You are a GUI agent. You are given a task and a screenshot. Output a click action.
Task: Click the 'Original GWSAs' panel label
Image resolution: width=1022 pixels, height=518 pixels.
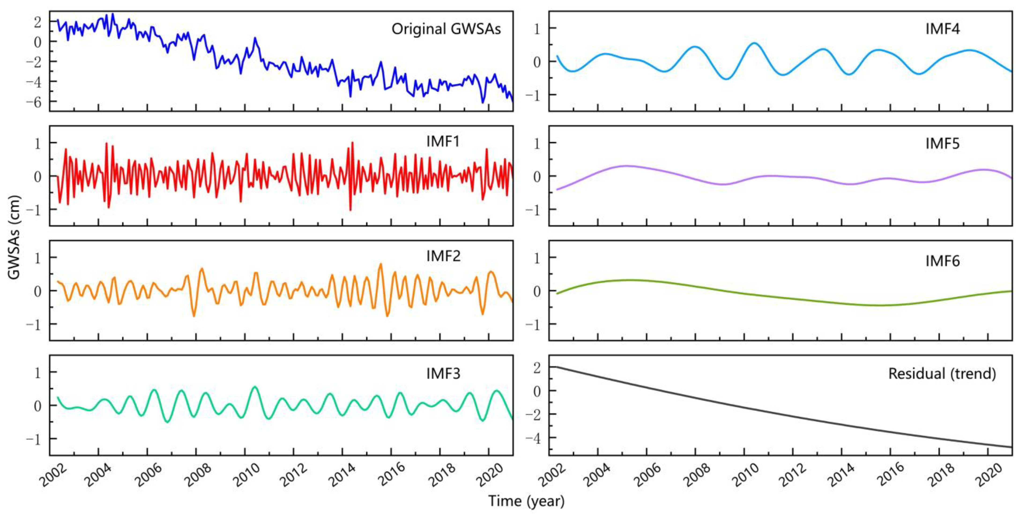446,29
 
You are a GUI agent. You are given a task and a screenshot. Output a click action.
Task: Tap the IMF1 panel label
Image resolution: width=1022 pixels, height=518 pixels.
443,141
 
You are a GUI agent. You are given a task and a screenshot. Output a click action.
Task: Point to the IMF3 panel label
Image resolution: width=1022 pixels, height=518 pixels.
443,373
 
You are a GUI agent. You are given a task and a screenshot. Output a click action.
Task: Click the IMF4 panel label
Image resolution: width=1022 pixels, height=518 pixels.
942,29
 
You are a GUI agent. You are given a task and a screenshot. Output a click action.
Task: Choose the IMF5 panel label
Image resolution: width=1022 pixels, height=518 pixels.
942,143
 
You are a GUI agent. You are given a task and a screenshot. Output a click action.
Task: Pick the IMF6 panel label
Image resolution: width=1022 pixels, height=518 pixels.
942,261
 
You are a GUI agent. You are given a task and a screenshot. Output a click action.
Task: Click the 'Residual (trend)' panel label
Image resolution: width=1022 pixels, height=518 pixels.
942,373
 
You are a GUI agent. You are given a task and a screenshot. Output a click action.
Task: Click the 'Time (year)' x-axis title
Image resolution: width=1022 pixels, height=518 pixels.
526,501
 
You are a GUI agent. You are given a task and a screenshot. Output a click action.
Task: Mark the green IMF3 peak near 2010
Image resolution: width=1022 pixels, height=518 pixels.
255,387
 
